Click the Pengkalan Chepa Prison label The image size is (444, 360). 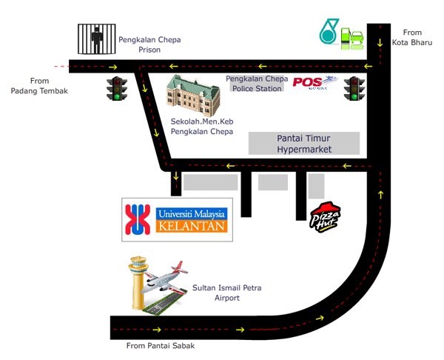point(149,44)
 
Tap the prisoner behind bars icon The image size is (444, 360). point(97,39)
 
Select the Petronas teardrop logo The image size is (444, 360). point(329,31)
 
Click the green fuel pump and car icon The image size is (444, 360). point(352,39)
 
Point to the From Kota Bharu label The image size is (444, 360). point(412,38)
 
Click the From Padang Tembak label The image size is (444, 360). point(39,86)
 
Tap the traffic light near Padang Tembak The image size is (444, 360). point(117,88)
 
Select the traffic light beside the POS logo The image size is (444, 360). point(354,88)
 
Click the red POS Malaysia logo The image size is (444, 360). point(315,83)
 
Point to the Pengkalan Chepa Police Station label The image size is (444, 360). point(257,84)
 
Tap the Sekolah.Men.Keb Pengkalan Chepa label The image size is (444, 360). point(202,127)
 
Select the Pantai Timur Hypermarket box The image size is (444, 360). point(304,144)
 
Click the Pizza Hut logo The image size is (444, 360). point(325,218)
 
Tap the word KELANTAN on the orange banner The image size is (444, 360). point(192,227)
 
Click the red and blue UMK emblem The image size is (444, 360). point(138,220)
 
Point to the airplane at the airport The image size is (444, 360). point(165,279)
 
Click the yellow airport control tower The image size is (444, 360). point(138,282)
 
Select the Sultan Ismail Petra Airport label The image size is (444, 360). point(227,293)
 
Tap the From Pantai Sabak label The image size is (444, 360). point(161,346)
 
